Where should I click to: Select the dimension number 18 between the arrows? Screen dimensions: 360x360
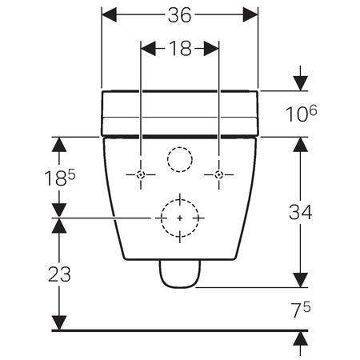pyautogui.click(x=180, y=50)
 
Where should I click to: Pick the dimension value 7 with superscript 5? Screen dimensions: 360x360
pyautogui.click(x=299, y=308)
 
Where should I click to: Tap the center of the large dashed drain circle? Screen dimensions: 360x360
pyautogui.click(x=180, y=217)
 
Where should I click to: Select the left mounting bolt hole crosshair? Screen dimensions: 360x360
pyautogui.click(x=141, y=174)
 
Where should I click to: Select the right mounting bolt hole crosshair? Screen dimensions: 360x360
pyautogui.click(x=218, y=174)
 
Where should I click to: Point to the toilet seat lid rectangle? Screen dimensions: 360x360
pyautogui.click(x=180, y=112)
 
